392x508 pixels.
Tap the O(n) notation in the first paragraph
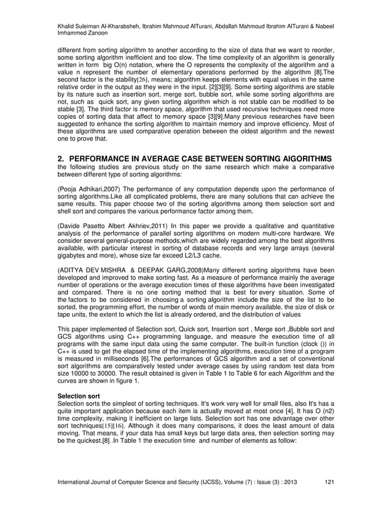click(x=128, y=64)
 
